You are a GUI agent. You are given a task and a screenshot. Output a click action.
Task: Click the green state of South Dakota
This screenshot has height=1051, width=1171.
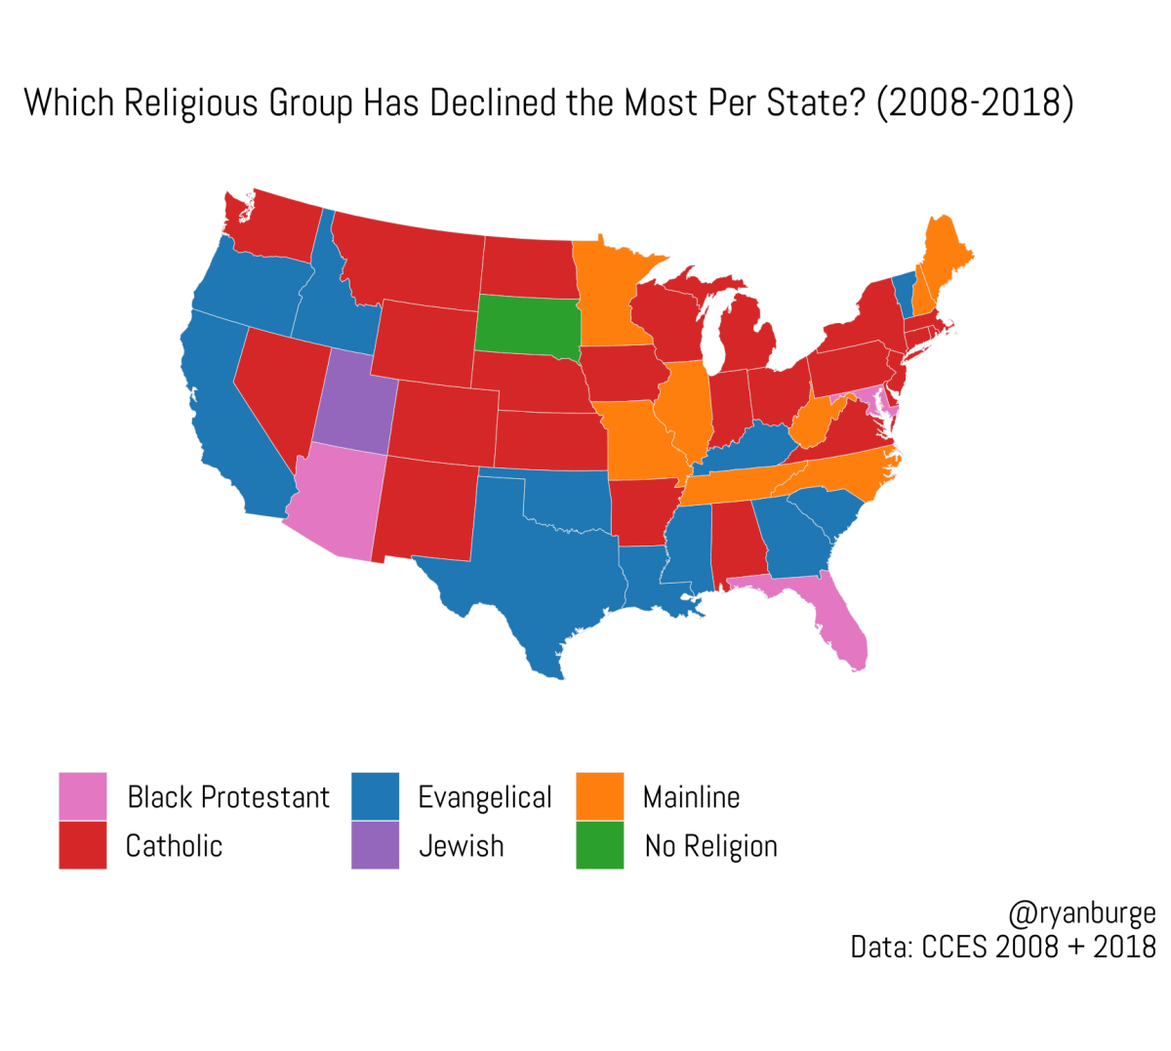point(527,324)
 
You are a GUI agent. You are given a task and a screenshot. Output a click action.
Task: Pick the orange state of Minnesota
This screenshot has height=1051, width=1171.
point(609,293)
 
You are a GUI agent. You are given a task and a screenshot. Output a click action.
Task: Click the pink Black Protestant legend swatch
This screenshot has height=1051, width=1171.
point(83,796)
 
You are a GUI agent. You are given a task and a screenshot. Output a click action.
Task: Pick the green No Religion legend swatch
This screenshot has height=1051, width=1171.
point(599,845)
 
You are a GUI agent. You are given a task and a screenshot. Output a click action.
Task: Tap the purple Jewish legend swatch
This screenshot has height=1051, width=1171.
point(375,845)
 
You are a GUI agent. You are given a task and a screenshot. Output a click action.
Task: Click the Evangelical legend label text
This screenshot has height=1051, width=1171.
point(484,797)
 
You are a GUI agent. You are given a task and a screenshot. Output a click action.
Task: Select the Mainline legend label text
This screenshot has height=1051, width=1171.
point(691,797)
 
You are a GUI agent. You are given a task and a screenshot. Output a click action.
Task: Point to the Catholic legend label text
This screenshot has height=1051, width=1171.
point(174,846)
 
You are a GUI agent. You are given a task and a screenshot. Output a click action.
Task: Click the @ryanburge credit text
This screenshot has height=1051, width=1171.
point(1081,913)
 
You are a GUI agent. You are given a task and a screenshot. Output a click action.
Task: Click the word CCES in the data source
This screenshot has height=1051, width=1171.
point(956,947)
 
